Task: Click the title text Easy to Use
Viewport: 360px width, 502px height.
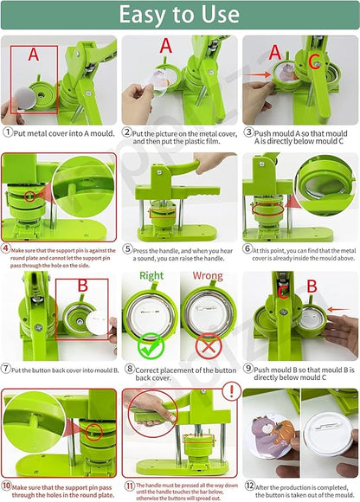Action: point(179,15)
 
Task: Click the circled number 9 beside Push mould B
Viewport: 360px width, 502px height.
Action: point(247,367)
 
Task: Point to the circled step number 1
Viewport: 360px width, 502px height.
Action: point(8,132)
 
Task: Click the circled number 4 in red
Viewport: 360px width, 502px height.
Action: point(6,248)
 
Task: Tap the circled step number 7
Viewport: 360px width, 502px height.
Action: point(7,367)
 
